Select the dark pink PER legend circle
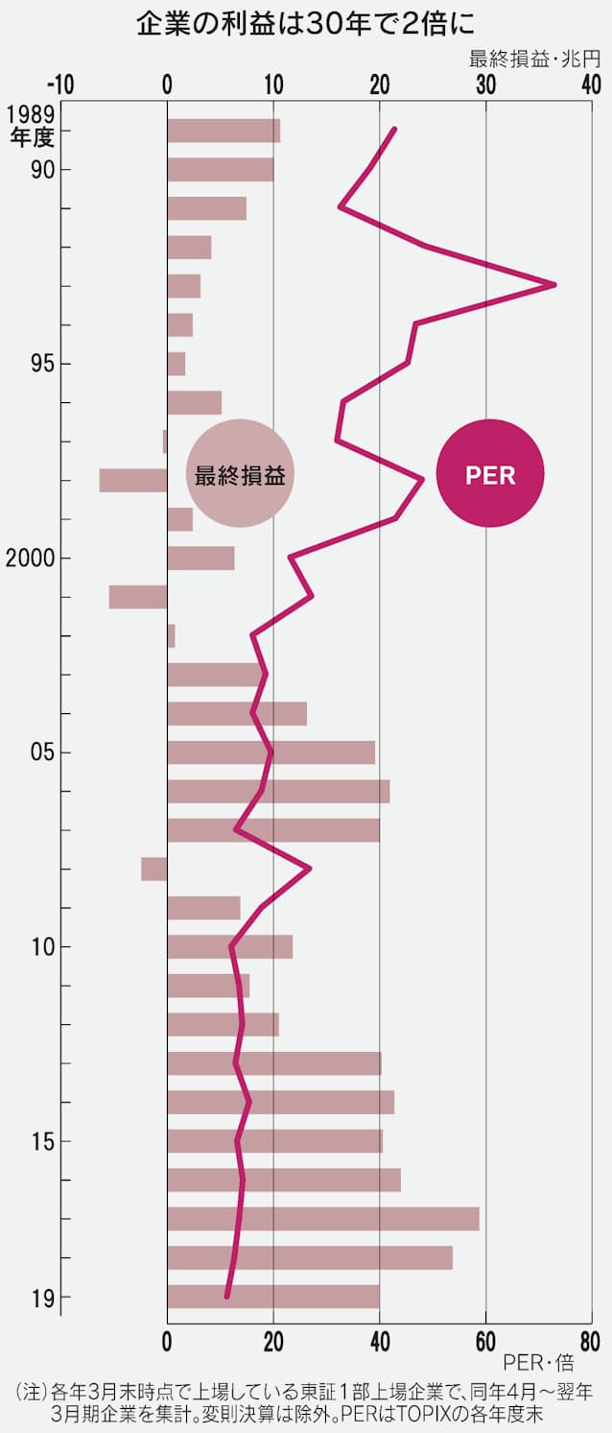490,474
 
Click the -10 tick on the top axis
59,84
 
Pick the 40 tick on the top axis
591,84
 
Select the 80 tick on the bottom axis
591,1340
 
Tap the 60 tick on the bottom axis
485,1340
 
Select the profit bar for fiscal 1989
224,131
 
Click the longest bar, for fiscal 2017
323,1219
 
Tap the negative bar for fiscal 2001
138,597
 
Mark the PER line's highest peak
553,285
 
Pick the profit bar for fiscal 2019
273,1297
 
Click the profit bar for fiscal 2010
230,947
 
